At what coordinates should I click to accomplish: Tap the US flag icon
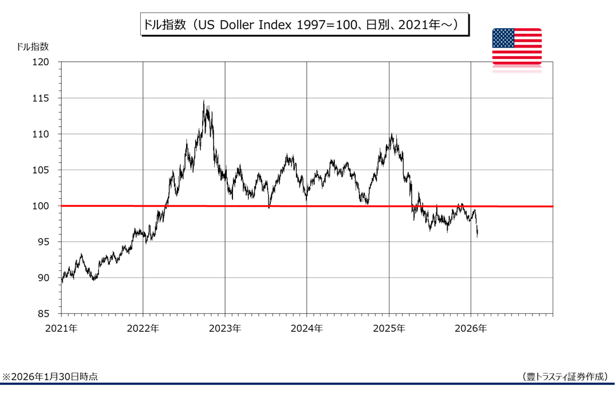point(517,46)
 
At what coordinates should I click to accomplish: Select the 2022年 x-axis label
point(143,329)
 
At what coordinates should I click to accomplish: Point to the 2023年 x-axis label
point(225,329)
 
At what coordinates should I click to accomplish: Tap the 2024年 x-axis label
point(307,329)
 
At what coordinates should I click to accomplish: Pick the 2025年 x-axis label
point(389,329)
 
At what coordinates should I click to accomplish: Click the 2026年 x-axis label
point(471,329)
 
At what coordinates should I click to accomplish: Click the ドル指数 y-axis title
point(33,46)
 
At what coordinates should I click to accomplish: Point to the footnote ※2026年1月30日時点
point(50,376)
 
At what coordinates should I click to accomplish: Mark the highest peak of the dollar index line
point(204,101)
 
